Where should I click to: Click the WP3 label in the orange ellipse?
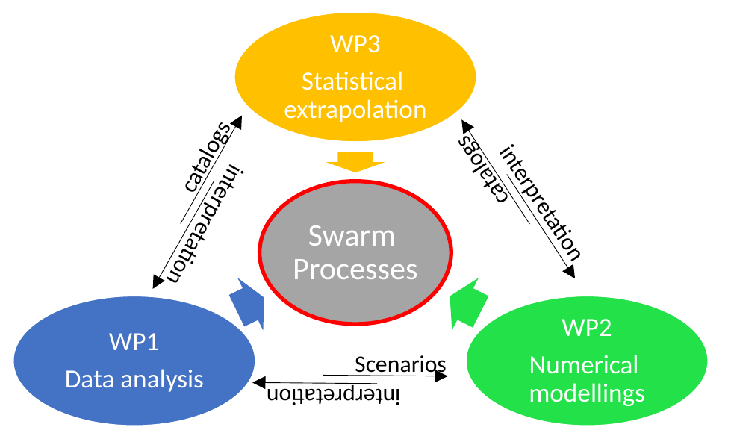point(355,44)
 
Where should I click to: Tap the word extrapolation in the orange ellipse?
point(355,110)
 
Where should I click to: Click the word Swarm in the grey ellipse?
point(352,237)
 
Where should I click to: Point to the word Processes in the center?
point(355,269)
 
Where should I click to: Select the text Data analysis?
point(134,379)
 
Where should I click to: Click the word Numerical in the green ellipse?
point(584,365)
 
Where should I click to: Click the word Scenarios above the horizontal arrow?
point(399,364)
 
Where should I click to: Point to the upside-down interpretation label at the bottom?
point(334,395)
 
